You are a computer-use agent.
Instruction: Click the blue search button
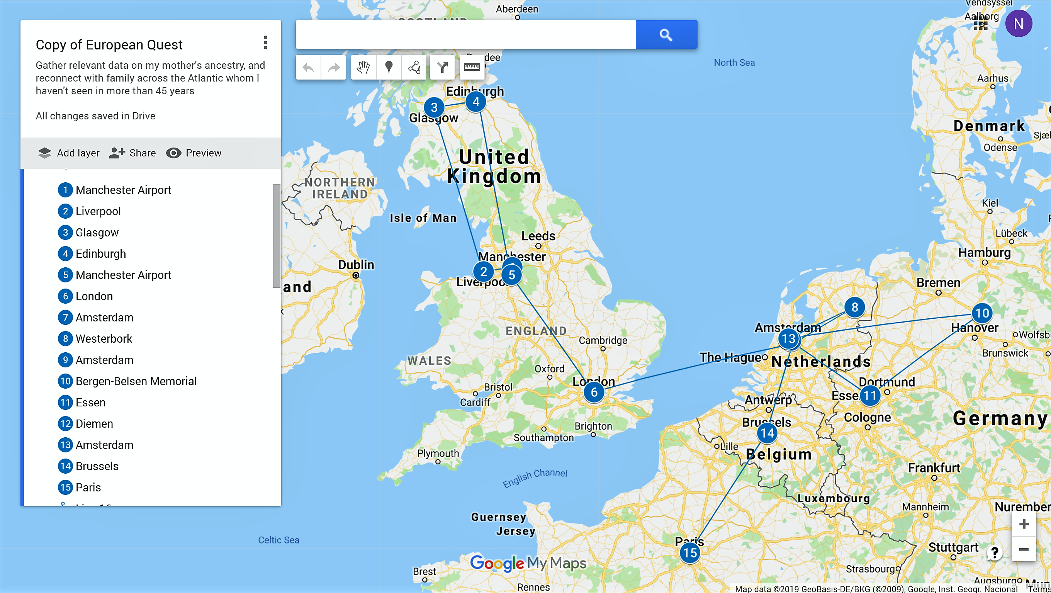point(666,35)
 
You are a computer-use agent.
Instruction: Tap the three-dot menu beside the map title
point(266,42)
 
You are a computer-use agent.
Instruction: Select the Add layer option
point(68,153)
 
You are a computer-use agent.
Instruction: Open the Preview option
point(194,153)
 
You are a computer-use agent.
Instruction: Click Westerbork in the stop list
point(104,339)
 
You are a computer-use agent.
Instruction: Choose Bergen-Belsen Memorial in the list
point(136,381)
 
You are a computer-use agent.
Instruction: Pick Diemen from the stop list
point(94,424)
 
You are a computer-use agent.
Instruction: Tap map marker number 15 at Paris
point(690,552)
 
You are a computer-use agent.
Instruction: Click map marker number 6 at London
point(594,392)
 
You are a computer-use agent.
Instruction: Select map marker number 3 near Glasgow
point(434,107)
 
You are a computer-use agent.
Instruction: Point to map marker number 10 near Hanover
point(981,313)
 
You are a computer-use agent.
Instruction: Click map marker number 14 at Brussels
point(767,433)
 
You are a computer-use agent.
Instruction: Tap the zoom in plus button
point(1024,524)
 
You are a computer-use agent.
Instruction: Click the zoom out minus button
point(1024,549)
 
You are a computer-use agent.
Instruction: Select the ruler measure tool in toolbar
point(472,67)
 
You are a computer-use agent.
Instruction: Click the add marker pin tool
point(389,67)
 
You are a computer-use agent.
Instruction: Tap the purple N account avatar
point(1018,24)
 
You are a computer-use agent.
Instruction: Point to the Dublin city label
point(356,265)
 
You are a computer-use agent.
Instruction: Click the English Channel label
point(535,477)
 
